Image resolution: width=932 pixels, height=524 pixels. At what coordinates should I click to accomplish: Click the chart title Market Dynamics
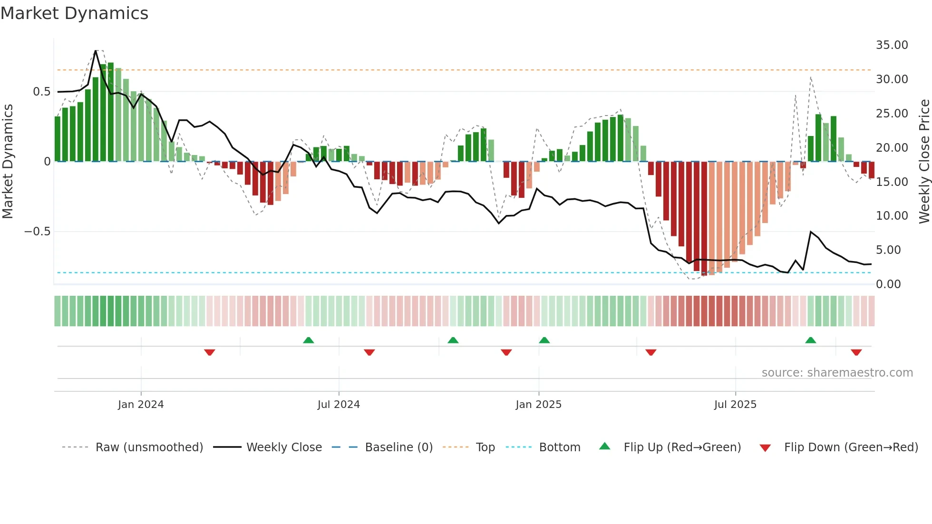[74, 13]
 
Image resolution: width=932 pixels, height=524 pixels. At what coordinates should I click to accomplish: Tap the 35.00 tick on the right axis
[892, 45]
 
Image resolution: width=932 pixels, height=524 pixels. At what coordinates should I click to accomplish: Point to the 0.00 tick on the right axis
[888, 284]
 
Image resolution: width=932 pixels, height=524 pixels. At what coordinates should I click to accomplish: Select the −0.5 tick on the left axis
[37, 232]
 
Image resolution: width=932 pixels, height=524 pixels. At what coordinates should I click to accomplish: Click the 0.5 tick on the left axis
[41, 92]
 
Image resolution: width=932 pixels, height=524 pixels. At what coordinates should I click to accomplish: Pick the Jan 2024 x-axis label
[141, 405]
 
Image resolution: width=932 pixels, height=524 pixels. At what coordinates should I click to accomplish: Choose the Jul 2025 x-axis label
[735, 405]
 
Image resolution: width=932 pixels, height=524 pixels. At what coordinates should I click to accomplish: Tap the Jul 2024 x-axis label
[339, 405]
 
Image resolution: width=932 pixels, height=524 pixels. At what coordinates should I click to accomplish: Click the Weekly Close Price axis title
[924, 161]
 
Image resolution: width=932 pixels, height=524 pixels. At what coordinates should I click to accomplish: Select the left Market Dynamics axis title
[8, 161]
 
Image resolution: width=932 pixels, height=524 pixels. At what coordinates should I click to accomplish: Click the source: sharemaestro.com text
[837, 373]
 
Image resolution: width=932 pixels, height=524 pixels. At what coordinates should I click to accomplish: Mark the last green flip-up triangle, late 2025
[810, 340]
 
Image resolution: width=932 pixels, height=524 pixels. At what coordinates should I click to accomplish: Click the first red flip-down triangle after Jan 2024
[209, 352]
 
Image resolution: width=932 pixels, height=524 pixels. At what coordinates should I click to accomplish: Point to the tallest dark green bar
[110, 112]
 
